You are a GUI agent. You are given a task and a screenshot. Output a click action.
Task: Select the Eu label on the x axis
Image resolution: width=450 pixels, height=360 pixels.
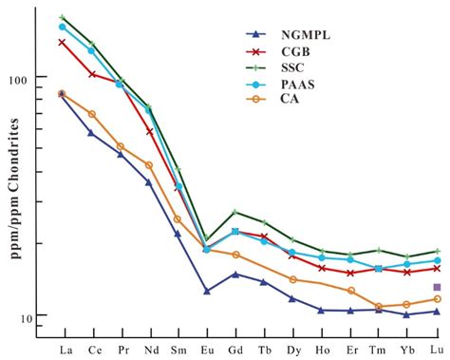(206, 350)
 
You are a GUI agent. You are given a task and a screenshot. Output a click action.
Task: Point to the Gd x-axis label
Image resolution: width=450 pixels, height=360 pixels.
(234, 350)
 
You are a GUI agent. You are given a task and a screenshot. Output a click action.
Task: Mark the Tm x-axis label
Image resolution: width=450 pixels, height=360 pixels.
(378, 350)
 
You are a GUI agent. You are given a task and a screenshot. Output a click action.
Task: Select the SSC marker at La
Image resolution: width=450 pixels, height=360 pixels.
(62, 17)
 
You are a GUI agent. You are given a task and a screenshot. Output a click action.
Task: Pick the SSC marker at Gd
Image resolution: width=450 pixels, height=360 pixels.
(234, 212)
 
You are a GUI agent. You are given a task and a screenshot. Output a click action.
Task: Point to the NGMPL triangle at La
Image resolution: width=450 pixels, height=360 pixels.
(62, 94)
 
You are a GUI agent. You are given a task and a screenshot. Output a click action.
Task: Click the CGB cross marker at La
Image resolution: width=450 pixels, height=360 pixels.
(62, 42)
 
